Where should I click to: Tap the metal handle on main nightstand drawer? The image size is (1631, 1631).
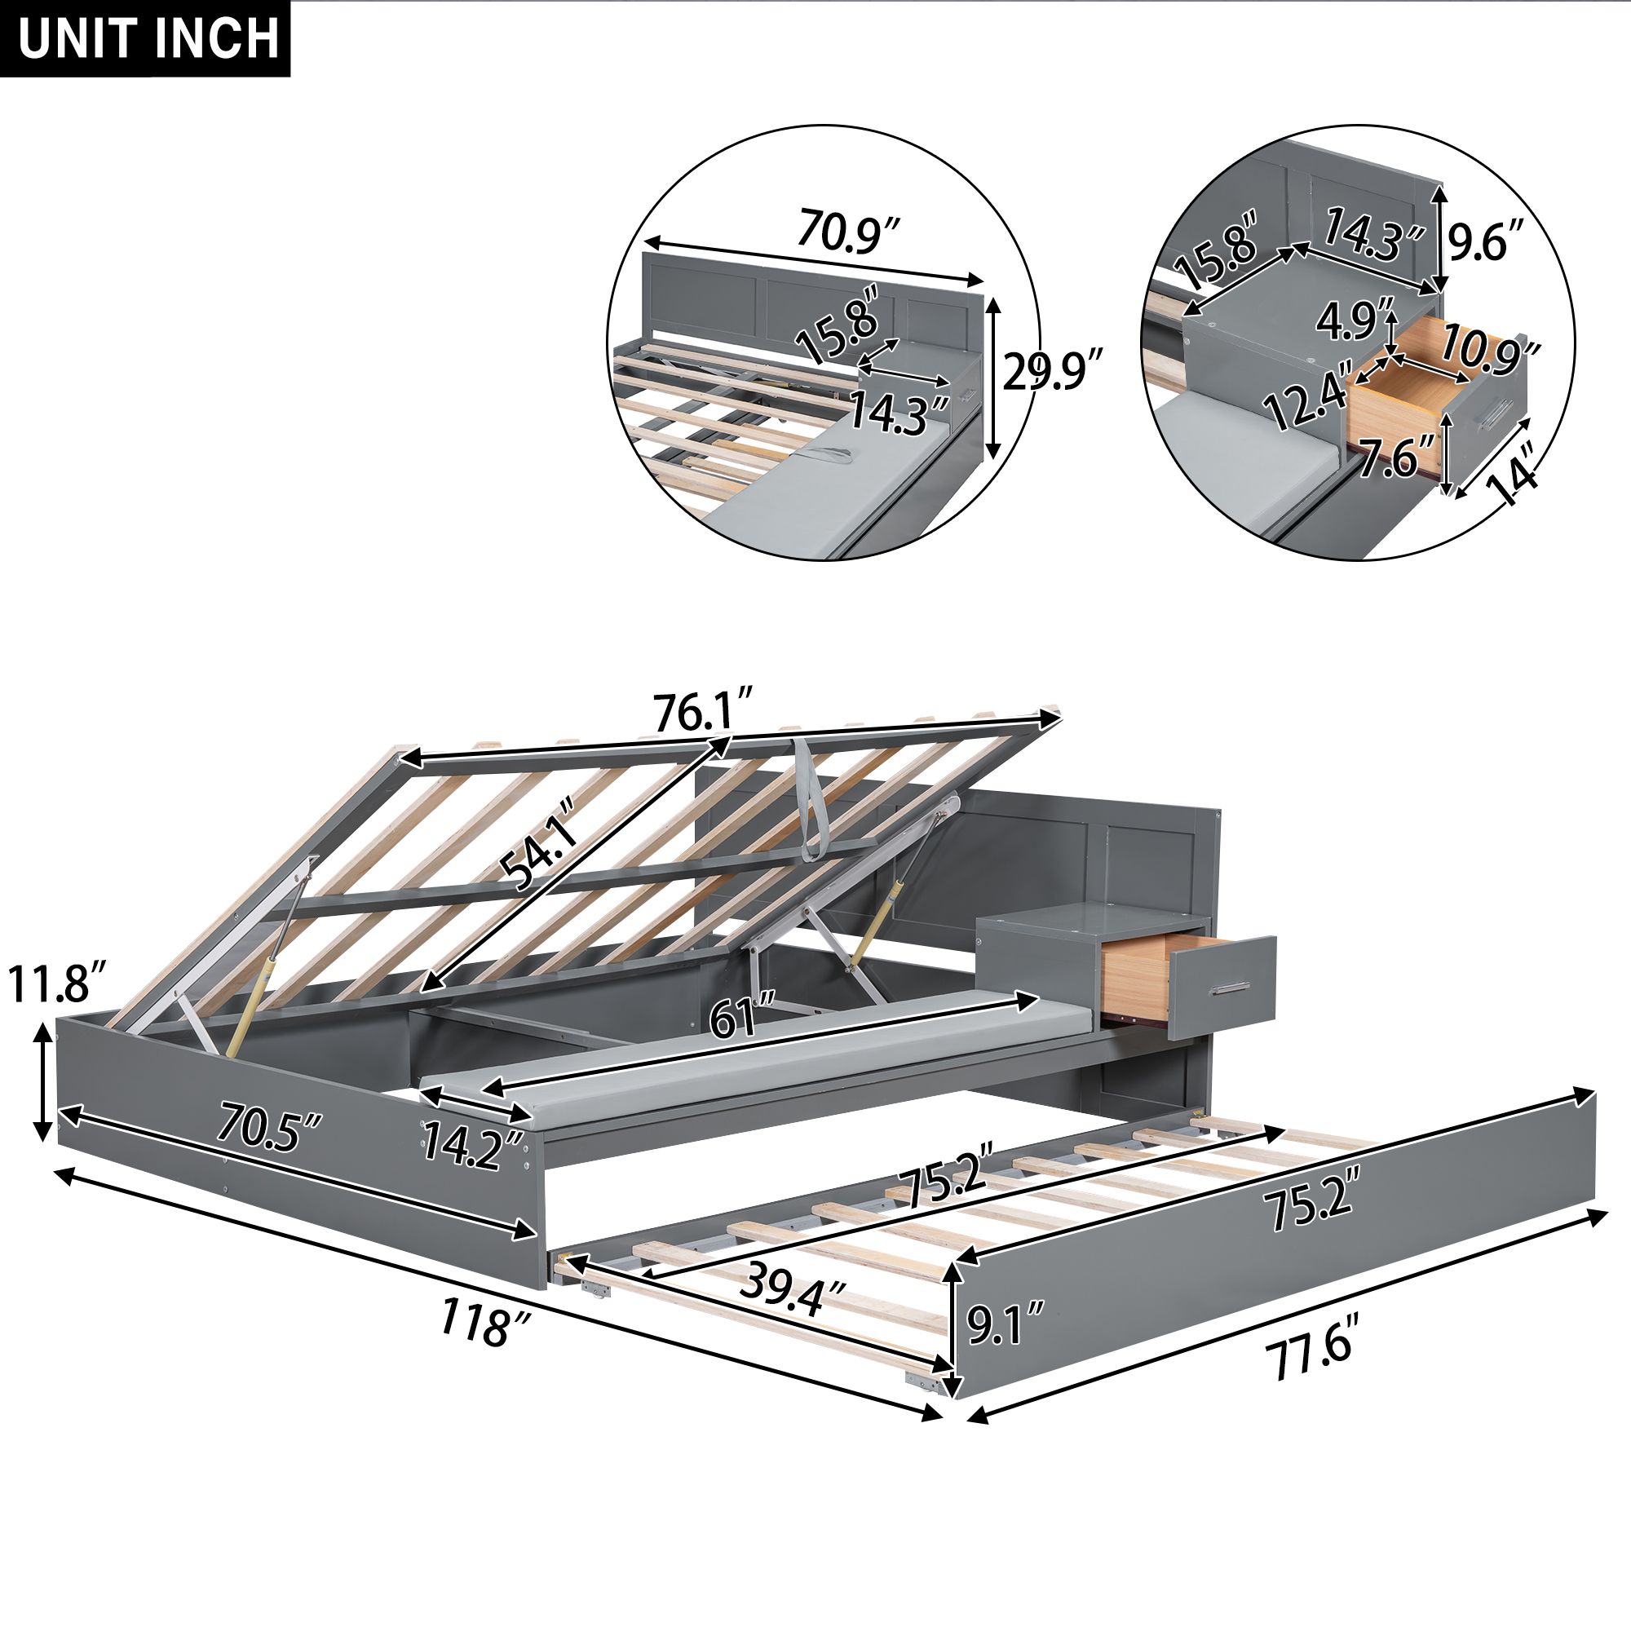pyautogui.click(x=1229, y=988)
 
